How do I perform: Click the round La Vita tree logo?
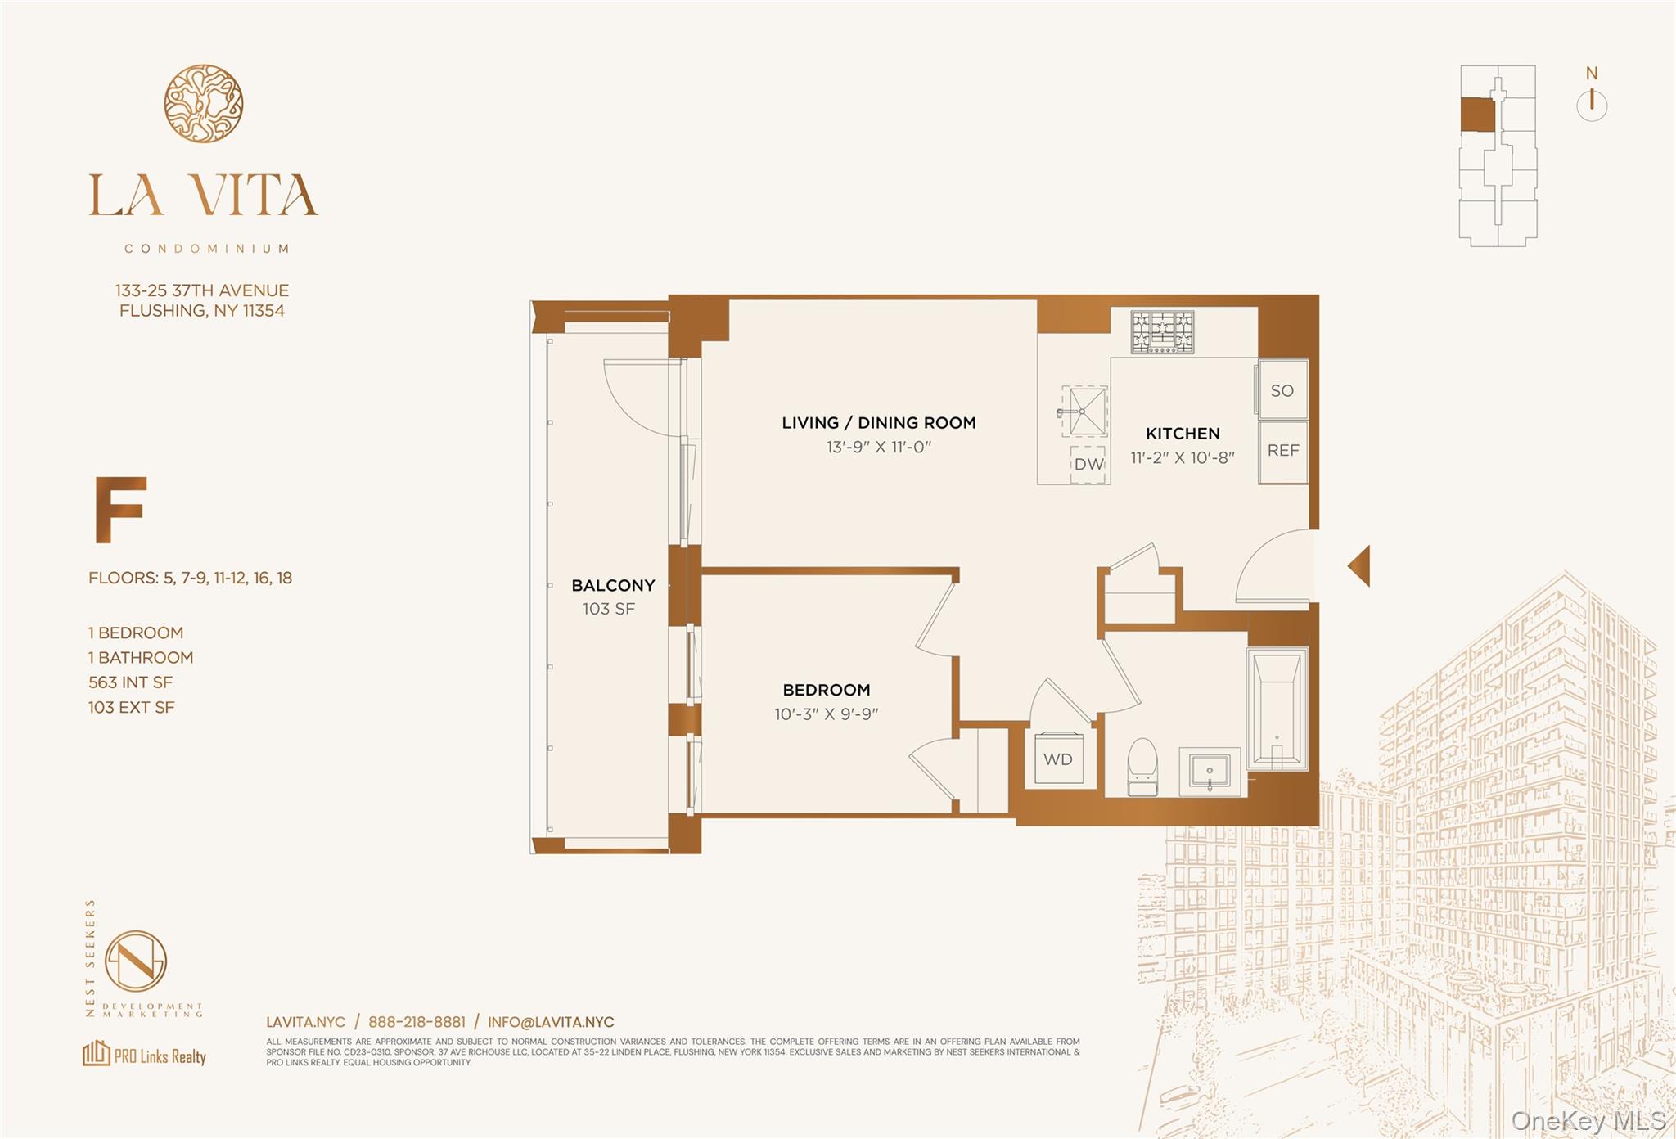pos(203,103)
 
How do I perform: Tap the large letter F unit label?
pos(119,509)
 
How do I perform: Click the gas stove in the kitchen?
pos(1162,331)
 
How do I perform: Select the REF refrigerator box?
pos(1282,451)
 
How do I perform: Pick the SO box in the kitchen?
pos(1282,390)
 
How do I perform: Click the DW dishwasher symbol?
pos(1088,464)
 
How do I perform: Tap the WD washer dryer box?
pos(1057,759)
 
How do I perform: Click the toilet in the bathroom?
pos(1142,767)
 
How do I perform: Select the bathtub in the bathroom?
pos(1277,709)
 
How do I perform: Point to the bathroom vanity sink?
pos(1210,771)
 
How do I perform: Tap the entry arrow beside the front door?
pos(1359,565)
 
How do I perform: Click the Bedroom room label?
pos(826,690)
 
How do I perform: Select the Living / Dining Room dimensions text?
pos(878,447)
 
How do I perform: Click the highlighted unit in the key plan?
pos(1477,115)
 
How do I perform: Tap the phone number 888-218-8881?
pos(417,1022)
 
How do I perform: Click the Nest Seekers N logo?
pos(136,961)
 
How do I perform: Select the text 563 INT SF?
pos(130,682)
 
